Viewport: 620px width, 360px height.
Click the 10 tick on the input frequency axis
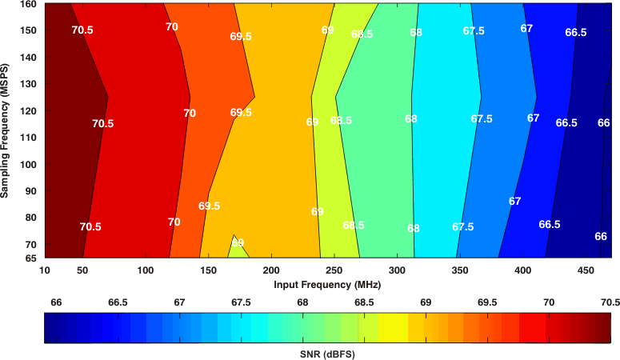(x=45, y=270)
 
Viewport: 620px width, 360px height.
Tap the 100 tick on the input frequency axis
(x=145, y=270)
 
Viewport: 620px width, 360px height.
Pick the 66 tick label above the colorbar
(x=56, y=302)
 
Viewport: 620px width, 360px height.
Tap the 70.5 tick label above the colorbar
(x=610, y=302)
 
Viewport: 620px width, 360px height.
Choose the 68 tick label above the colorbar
(x=302, y=302)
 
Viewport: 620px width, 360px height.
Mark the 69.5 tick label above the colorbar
(x=487, y=302)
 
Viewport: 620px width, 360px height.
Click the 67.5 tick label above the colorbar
(x=241, y=302)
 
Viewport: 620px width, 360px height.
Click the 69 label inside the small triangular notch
(x=238, y=243)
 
